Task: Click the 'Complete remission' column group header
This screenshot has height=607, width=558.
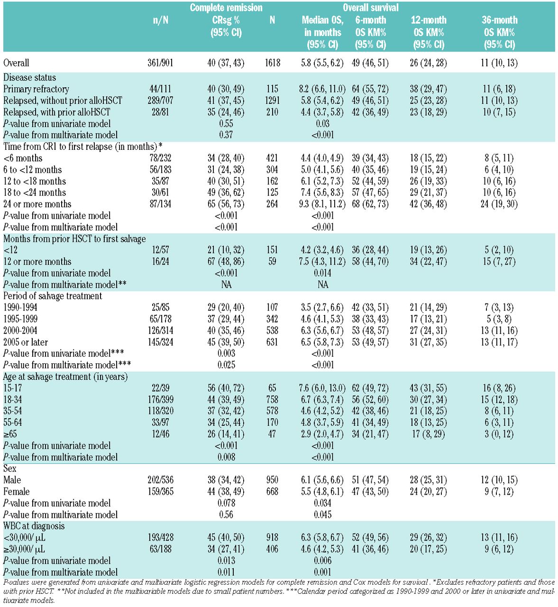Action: [226, 8]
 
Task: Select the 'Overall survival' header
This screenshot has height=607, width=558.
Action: [370, 8]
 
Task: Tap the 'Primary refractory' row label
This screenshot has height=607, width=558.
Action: [36, 89]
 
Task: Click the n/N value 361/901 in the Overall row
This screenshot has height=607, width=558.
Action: [160, 63]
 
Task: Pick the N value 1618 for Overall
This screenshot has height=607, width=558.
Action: [272, 63]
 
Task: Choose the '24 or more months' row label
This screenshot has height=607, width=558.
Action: [37, 204]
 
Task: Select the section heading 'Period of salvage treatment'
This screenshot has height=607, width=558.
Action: [53, 296]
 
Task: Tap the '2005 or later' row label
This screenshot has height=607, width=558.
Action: [26, 342]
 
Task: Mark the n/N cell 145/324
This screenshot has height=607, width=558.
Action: [160, 342]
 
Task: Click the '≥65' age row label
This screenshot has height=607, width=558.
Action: [10, 434]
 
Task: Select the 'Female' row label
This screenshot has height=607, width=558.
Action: [17, 492]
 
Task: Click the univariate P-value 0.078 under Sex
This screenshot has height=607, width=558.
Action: [226, 503]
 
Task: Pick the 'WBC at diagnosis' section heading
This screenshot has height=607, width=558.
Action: [34, 526]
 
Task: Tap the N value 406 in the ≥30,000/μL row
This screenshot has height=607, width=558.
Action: [272, 549]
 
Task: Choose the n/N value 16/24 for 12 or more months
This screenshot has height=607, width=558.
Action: [160, 262]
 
